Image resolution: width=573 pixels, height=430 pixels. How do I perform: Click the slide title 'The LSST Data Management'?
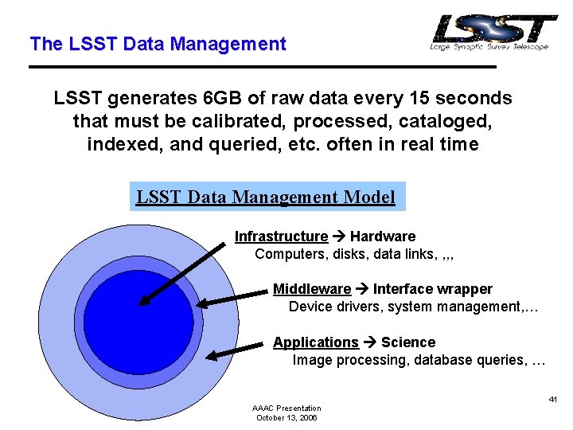[x=157, y=45]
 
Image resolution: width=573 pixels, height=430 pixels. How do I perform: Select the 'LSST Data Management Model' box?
[x=267, y=197]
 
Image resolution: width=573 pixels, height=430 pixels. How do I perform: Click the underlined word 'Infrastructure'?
[x=281, y=236]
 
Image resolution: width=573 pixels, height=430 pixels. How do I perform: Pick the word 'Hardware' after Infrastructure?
[x=383, y=236]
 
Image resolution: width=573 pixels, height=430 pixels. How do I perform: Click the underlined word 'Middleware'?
[x=312, y=289]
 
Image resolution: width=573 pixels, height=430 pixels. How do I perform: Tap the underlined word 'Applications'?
[x=316, y=342]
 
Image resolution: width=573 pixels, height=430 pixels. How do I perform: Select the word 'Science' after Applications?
[x=408, y=342]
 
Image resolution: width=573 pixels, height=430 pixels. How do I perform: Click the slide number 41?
[x=552, y=398]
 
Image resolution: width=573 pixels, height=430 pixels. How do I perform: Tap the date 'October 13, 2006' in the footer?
[x=286, y=417]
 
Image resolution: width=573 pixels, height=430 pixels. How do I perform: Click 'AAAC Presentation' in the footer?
[x=286, y=408]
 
